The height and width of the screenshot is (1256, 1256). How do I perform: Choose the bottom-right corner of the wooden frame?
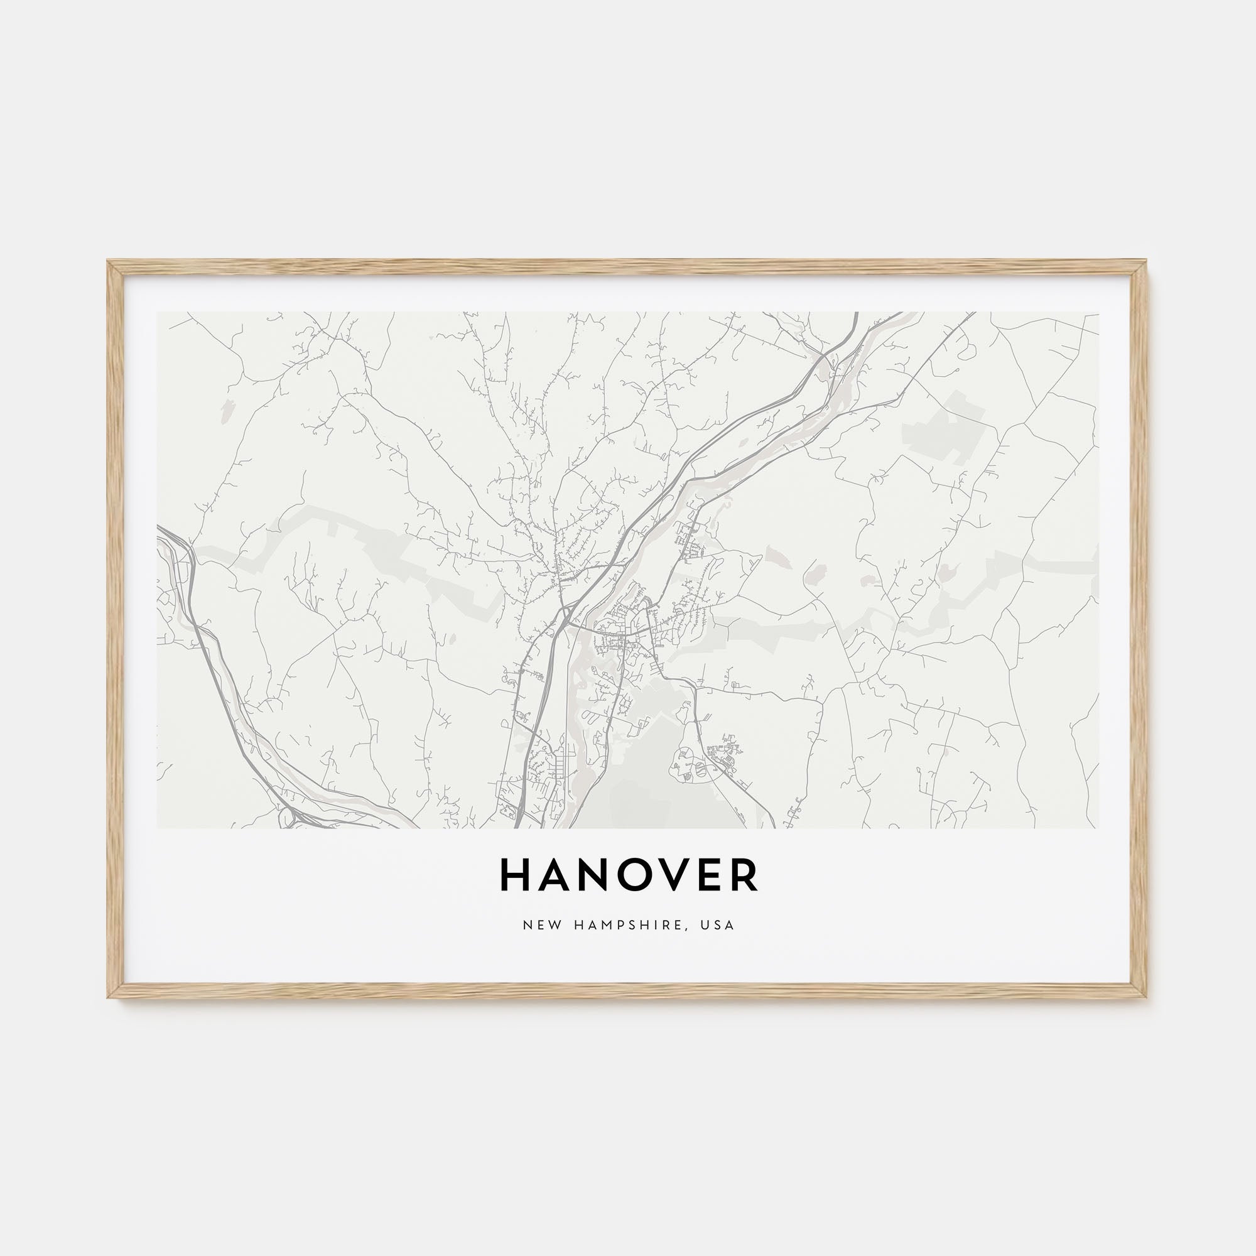(x=1146, y=997)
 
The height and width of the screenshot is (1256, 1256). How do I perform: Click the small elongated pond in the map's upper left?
(x=227, y=409)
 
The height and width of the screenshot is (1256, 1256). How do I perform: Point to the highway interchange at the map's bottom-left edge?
(x=290, y=818)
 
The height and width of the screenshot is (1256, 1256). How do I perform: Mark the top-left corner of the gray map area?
(x=158, y=313)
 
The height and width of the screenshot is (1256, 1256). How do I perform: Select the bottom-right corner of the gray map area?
(x=1098, y=828)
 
